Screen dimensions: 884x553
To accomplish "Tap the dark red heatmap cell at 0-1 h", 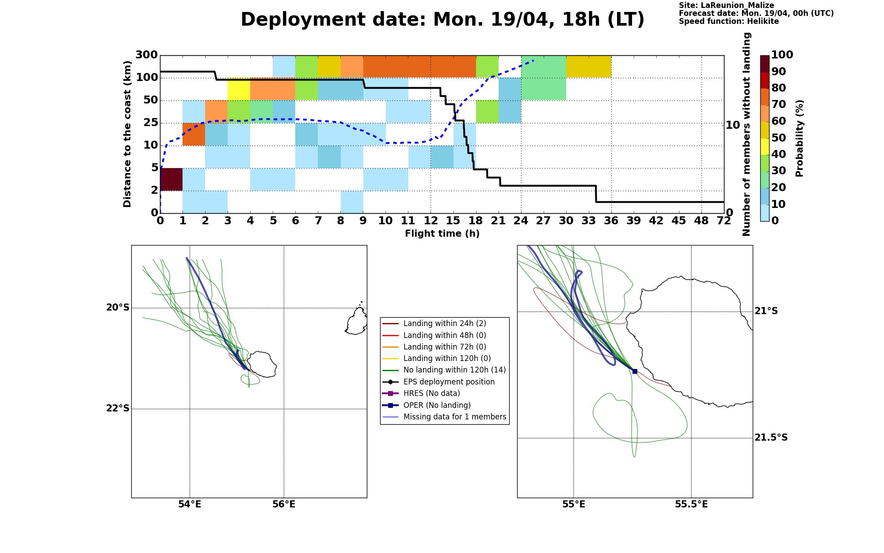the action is pyautogui.click(x=171, y=179).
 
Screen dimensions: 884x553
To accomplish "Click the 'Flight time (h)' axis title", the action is pyautogui.click(x=442, y=234).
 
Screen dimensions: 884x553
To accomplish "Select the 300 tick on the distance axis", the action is pyautogui.click(x=146, y=55).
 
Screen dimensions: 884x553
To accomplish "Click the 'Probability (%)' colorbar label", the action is pyautogui.click(x=799, y=138).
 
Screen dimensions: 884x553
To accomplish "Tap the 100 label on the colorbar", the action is pyautogui.click(x=782, y=55).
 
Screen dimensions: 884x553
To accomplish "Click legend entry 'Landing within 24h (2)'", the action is pyautogui.click(x=445, y=323).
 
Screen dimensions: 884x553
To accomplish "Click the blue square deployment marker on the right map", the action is pyautogui.click(x=635, y=371).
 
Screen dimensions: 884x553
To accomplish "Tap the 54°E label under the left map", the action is pyautogui.click(x=190, y=504).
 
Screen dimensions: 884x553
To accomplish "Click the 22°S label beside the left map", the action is pyautogui.click(x=118, y=408).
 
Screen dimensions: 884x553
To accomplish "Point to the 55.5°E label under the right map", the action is pyautogui.click(x=691, y=504).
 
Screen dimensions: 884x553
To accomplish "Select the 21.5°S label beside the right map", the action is pyautogui.click(x=771, y=438).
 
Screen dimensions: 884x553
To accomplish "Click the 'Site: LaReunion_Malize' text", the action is pyautogui.click(x=726, y=6).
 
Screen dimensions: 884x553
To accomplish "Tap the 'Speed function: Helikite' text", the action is pyautogui.click(x=729, y=21).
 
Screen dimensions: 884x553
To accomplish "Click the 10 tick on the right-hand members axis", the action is pyautogui.click(x=733, y=125).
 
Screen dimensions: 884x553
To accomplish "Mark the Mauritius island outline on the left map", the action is pyautogui.click(x=356, y=319).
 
